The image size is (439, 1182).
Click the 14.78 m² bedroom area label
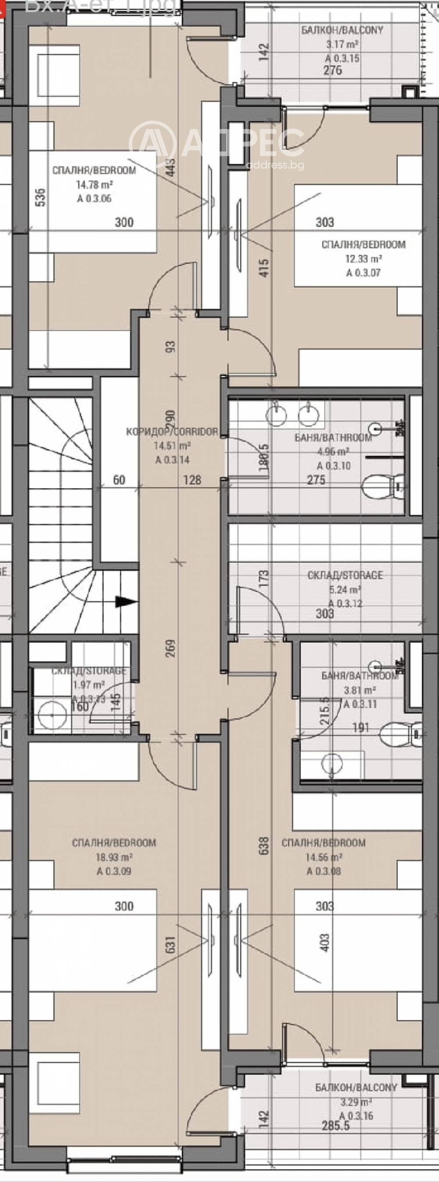[x=94, y=184]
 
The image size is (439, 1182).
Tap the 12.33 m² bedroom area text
[x=363, y=258]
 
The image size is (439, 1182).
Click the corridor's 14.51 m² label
[x=172, y=445]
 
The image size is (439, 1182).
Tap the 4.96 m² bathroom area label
[x=333, y=451]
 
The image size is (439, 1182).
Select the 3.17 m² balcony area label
[x=342, y=44]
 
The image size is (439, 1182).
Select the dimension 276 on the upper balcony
[x=332, y=70]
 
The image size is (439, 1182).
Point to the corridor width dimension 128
[x=192, y=480]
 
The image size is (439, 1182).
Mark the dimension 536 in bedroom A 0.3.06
[x=40, y=197]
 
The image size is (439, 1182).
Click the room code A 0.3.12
[x=345, y=603]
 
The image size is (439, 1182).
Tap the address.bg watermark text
[x=275, y=165]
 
